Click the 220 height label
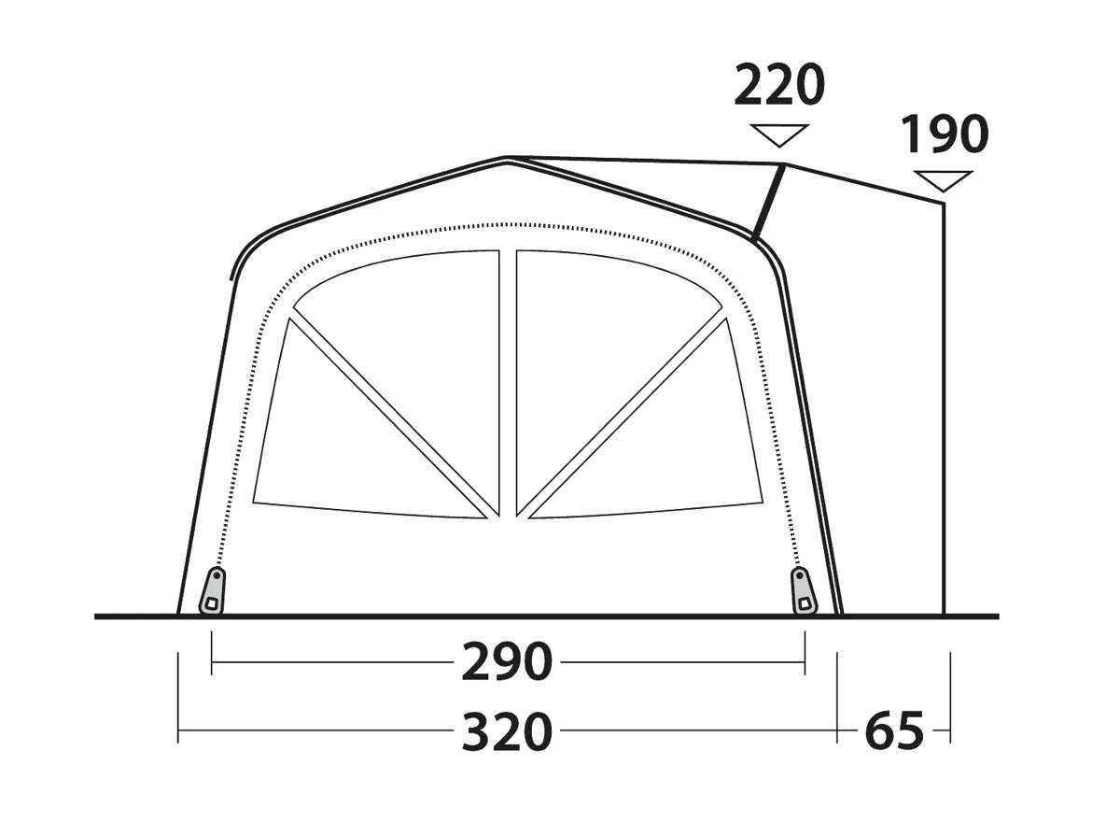point(779,85)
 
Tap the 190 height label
point(944,135)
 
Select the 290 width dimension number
point(507,662)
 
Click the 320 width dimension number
point(507,732)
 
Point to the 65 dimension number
point(894,731)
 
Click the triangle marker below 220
point(779,135)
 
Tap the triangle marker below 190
point(943,181)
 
